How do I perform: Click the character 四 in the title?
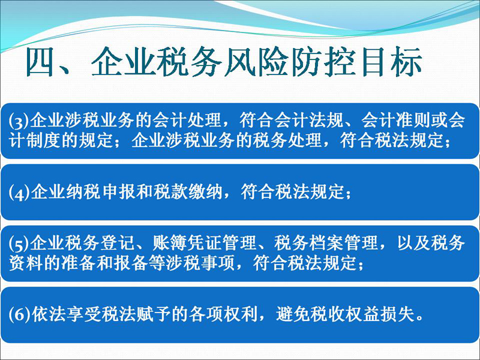tap(40, 62)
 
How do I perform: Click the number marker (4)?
tap(19, 193)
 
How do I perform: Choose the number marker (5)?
tap(19, 244)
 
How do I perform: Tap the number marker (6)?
tap(20, 314)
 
